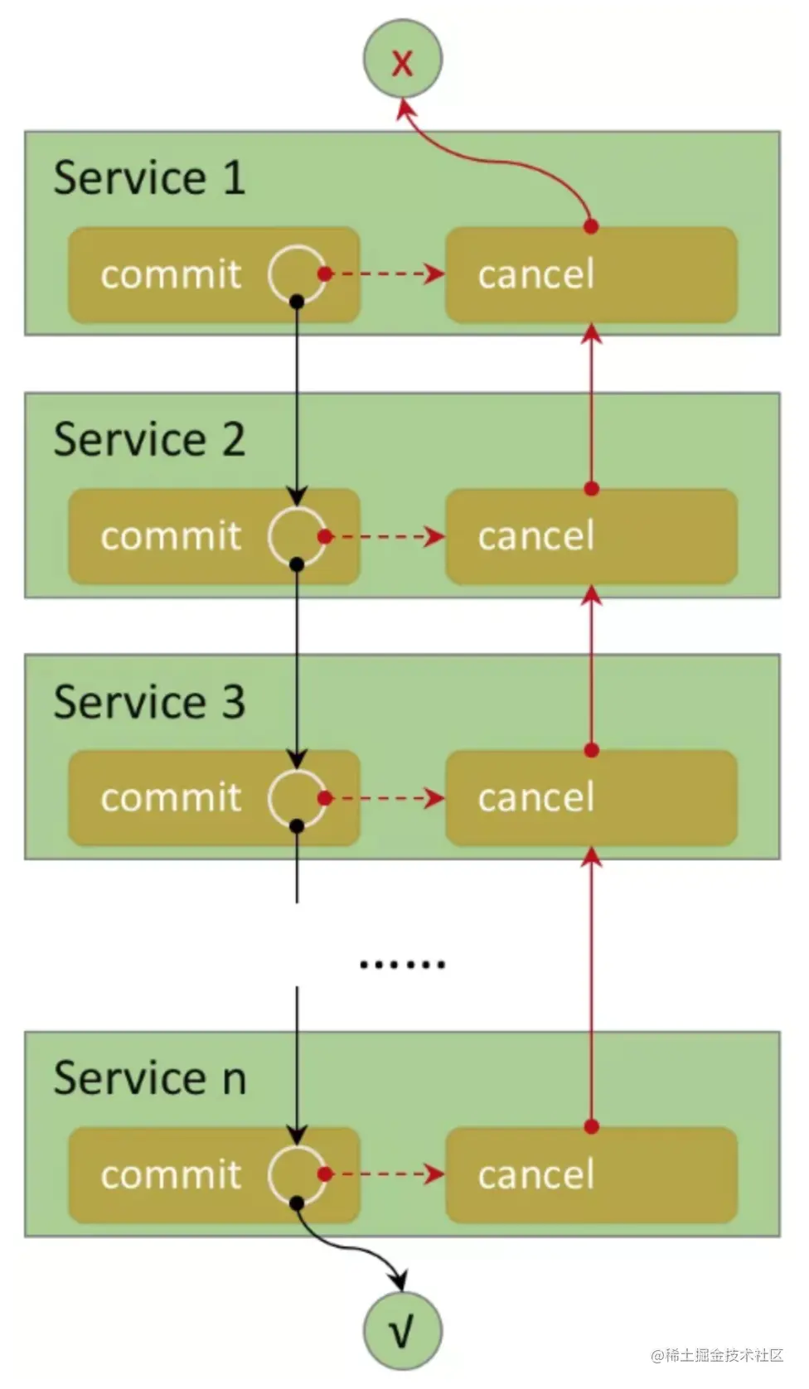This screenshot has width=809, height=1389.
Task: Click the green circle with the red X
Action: tap(403, 60)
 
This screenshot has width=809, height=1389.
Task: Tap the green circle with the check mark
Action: tap(403, 1331)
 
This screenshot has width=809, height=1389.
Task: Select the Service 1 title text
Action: tap(149, 178)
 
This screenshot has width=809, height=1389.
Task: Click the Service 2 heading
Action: tap(149, 439)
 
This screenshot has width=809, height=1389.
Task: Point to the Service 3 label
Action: tap(149, 702)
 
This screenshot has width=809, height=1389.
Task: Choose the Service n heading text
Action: tap(150, 1078)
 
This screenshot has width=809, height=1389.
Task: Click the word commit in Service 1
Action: tap(171, 274)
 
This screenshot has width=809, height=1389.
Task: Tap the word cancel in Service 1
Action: tap(536, 274)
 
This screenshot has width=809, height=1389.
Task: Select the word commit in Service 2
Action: tap(171, 536)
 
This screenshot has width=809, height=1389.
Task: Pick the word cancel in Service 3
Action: tap(536, 798)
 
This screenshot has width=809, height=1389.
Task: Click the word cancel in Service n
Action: tap(536, 1174)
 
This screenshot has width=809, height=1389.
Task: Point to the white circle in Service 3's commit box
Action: tap(296, 798)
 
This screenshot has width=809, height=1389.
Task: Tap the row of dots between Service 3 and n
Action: tap(403, 964)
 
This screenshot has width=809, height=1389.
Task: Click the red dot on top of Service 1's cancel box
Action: tap(591, 226)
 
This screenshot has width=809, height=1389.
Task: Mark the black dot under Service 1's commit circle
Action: tap(297, 302)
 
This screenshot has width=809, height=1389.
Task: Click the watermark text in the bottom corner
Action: tap(717, 1355)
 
